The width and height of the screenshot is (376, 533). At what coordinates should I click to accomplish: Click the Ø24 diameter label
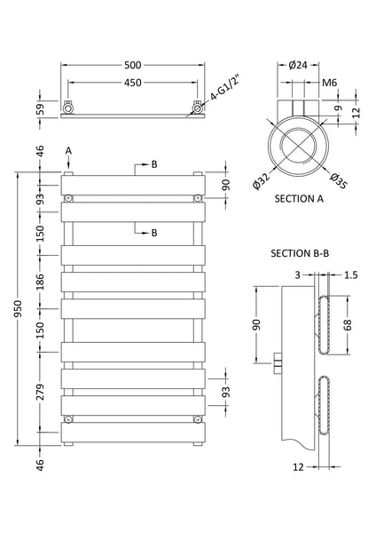pyautogui.click(x=298, y=66)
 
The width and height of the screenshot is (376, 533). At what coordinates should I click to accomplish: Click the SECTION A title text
pyautogui.click(x=299, y=199)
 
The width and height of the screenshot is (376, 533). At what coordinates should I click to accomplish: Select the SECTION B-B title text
pyautogui.click(x=302, y=254)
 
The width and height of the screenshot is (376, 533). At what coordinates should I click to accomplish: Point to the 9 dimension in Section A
pyautogui.click(x=338, y=109)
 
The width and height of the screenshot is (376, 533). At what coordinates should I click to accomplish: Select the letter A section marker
pyautogui.click(x=68, y=151)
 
